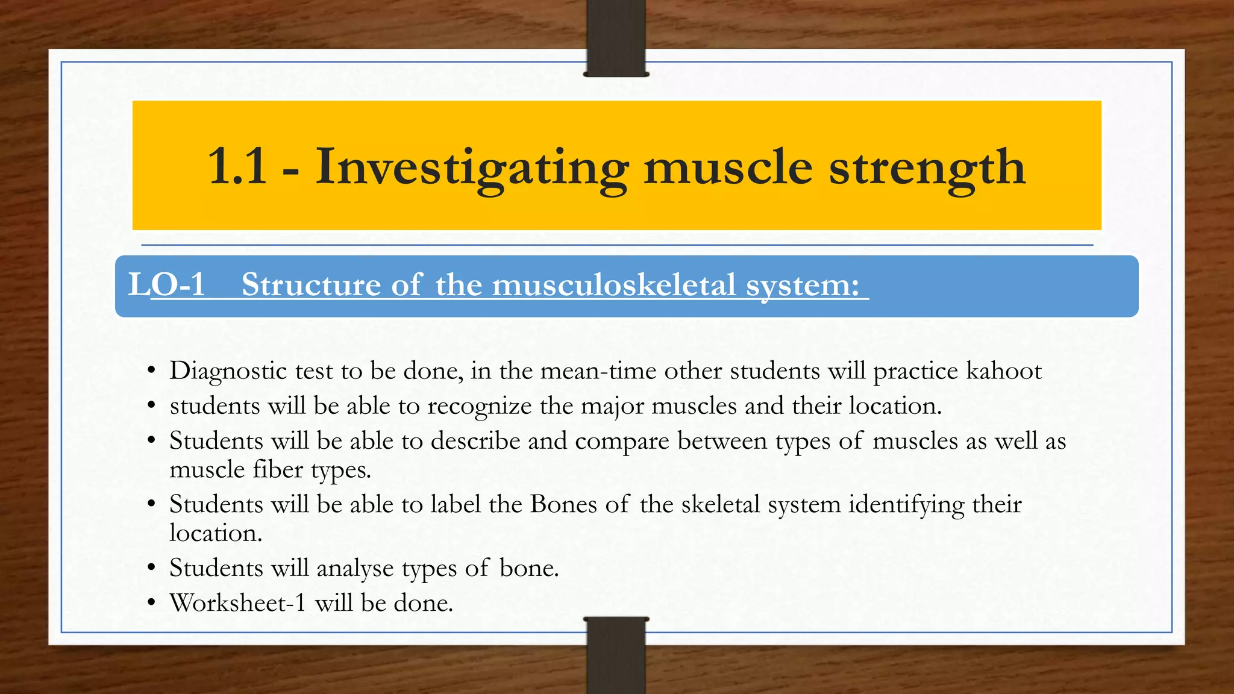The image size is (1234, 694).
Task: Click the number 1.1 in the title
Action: (237, 167)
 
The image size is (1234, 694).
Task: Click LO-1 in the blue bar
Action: (167, 284)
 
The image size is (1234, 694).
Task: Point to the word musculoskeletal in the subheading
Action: (614, 284)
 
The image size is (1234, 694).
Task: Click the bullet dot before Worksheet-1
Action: (152, 603)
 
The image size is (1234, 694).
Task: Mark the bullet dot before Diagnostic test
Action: (152, 370)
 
